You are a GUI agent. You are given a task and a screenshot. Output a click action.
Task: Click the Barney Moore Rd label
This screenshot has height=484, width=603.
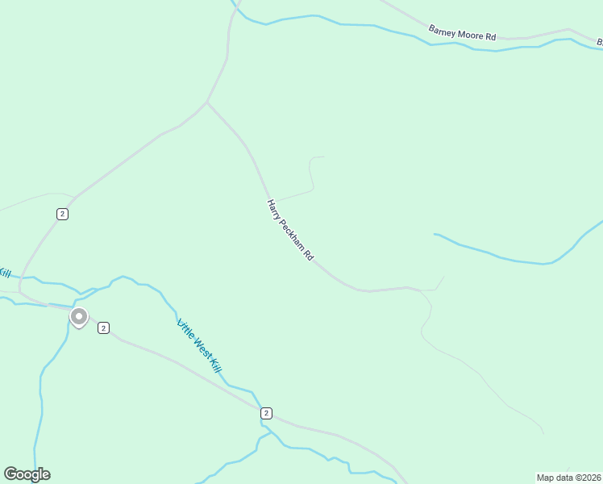tap(462, 34)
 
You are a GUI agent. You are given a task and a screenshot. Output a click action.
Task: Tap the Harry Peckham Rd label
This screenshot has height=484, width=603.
tap(290, 230)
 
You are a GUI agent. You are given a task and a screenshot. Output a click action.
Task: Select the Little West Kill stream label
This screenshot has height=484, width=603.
tap(198, 345)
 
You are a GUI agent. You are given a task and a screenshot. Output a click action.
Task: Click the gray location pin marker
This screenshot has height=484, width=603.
tap(79, 316)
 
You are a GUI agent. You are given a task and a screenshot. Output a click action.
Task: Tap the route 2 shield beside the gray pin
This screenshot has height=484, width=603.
tap(103, 328)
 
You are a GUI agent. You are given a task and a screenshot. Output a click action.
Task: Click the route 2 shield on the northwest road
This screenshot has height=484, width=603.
tap(62, 214)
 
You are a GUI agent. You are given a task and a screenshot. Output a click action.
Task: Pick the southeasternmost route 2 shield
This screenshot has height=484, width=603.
tap(266, 413)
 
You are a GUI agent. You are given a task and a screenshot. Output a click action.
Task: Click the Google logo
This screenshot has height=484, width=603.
tap(27, 474)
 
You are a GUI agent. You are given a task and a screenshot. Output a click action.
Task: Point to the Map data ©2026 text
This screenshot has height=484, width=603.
tap(568, 478)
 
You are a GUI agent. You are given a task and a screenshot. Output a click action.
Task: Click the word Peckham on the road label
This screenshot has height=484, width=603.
tap(291, 232)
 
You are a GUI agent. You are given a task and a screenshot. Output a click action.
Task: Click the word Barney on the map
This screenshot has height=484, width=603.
tap(442, 31)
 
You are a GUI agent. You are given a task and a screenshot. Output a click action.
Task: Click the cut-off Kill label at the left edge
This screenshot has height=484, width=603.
tap(4, 273)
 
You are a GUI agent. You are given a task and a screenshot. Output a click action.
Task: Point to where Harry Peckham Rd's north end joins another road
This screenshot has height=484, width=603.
tap(207, 102)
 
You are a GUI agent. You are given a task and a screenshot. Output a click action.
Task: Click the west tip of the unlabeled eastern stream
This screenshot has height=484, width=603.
tap(435, 235)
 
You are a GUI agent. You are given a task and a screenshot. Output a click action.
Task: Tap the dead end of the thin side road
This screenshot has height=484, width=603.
tap(323, 157)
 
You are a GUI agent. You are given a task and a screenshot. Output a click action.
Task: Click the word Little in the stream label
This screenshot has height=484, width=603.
tap(185, 328)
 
